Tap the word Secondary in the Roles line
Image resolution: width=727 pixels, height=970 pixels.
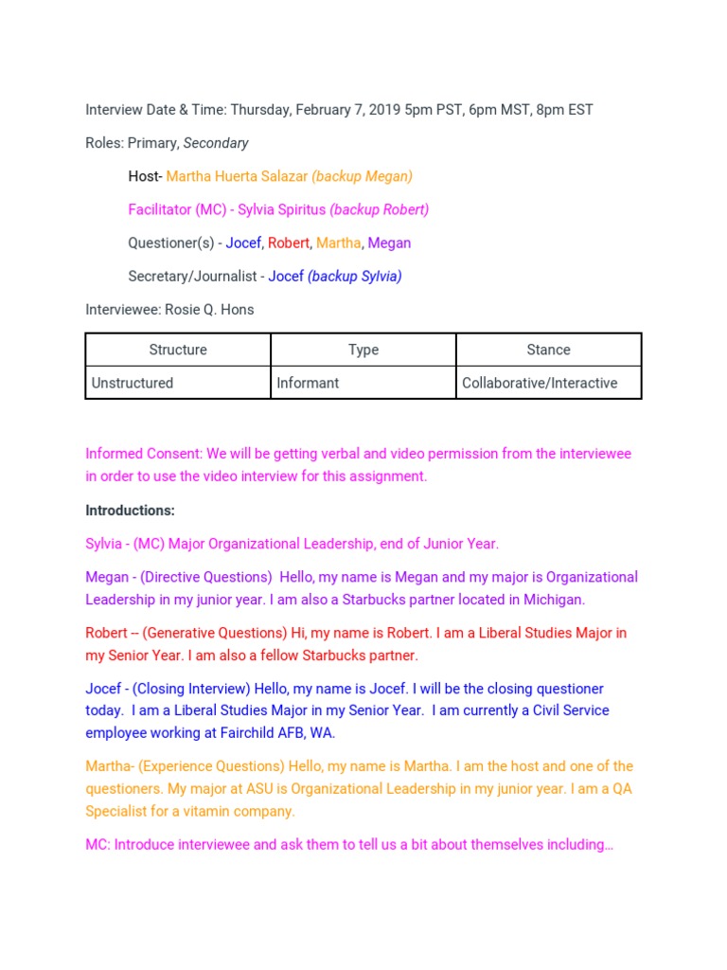tap(216, 143)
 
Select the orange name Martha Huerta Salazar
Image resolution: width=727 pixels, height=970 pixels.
tap(237, 176)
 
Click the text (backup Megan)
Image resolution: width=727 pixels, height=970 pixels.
tap(363, 176)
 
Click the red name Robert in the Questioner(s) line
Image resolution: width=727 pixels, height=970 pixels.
tap(289, 243)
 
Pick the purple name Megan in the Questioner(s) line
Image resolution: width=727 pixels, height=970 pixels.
tap(389, 243)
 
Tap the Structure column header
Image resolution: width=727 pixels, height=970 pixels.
tap(178, 350)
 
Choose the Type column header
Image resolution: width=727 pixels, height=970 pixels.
tap(363, 350)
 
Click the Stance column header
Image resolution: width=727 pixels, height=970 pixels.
tap(549, 350)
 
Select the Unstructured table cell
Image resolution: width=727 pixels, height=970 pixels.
tap(133, 384)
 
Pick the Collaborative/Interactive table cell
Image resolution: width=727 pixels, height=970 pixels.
tap(540, 384)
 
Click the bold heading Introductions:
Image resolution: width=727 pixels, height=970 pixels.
tap(131, 511)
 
